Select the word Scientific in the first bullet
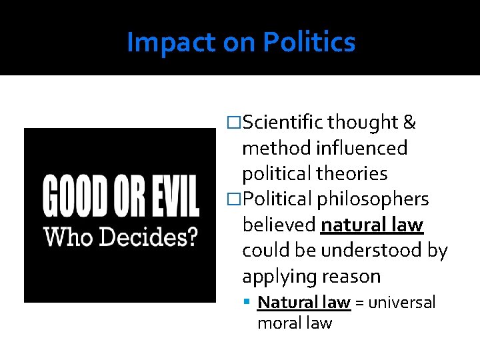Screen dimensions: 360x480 click(x=283, y=123)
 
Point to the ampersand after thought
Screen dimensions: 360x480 click(x=409, y=123)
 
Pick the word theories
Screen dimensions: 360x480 click(x=352, y=173)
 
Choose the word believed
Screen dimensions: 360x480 click(x=279, y=225)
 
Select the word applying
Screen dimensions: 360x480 click(x=278, y=277)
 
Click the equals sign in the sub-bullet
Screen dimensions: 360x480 click(x=359, y=303)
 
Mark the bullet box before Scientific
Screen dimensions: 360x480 click(x=234, y=123)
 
